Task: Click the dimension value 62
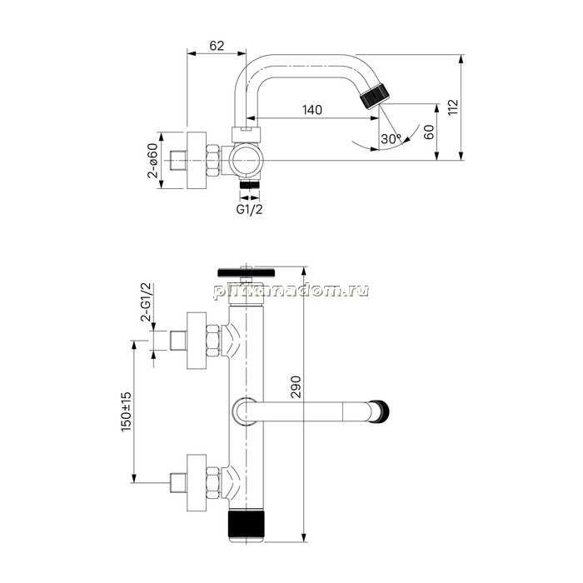[x=217, y=46]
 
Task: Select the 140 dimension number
[x=312, y=110]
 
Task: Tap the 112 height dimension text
[x=453, y=107]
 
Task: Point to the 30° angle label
[x=391, y=139]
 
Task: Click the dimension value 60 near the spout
[x=429, y=132]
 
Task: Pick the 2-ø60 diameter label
[x=152, y=160]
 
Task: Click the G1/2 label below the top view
[x=250, y=209]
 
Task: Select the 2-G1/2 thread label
[x=146, y=301]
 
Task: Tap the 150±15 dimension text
[x=126, y=411]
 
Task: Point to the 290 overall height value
[x=296, y=387]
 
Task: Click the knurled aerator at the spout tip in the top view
[x=375, y=97]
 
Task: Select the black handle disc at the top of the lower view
[x=247, y=272]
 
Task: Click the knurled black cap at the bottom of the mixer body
[x=247, y=526]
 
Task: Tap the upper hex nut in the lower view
[x=212, y=341]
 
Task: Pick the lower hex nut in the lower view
[x=212, y=483]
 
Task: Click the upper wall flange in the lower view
[x=197, y=341]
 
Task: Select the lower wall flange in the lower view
[x=197, y=483]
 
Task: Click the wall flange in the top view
[x=197, y=160]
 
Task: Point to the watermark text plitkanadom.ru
[x=291, y=291]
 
